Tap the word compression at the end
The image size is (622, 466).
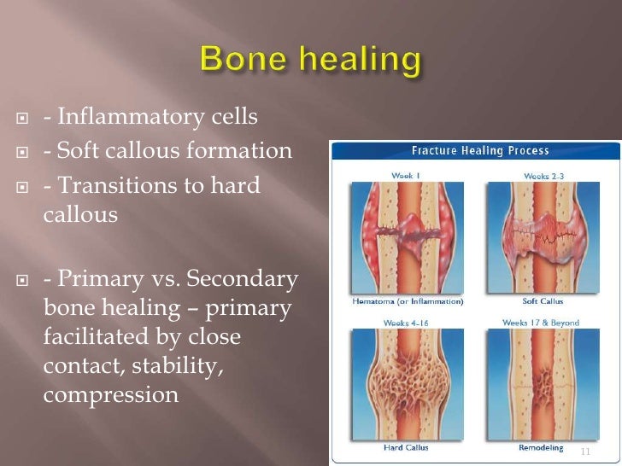[110, 395]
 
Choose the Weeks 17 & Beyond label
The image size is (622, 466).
[540, 323]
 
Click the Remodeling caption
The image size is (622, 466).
[539, 447]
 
